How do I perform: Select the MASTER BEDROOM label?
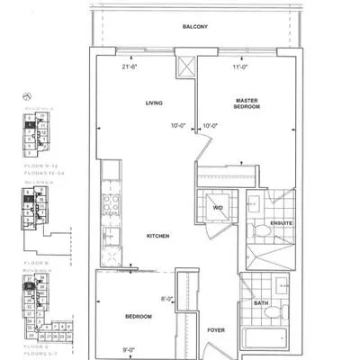247,103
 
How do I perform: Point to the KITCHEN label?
160,236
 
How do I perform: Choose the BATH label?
261,302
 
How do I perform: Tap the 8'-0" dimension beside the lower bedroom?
166,300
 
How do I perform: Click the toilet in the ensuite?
258,231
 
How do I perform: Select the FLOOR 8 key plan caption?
39,242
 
